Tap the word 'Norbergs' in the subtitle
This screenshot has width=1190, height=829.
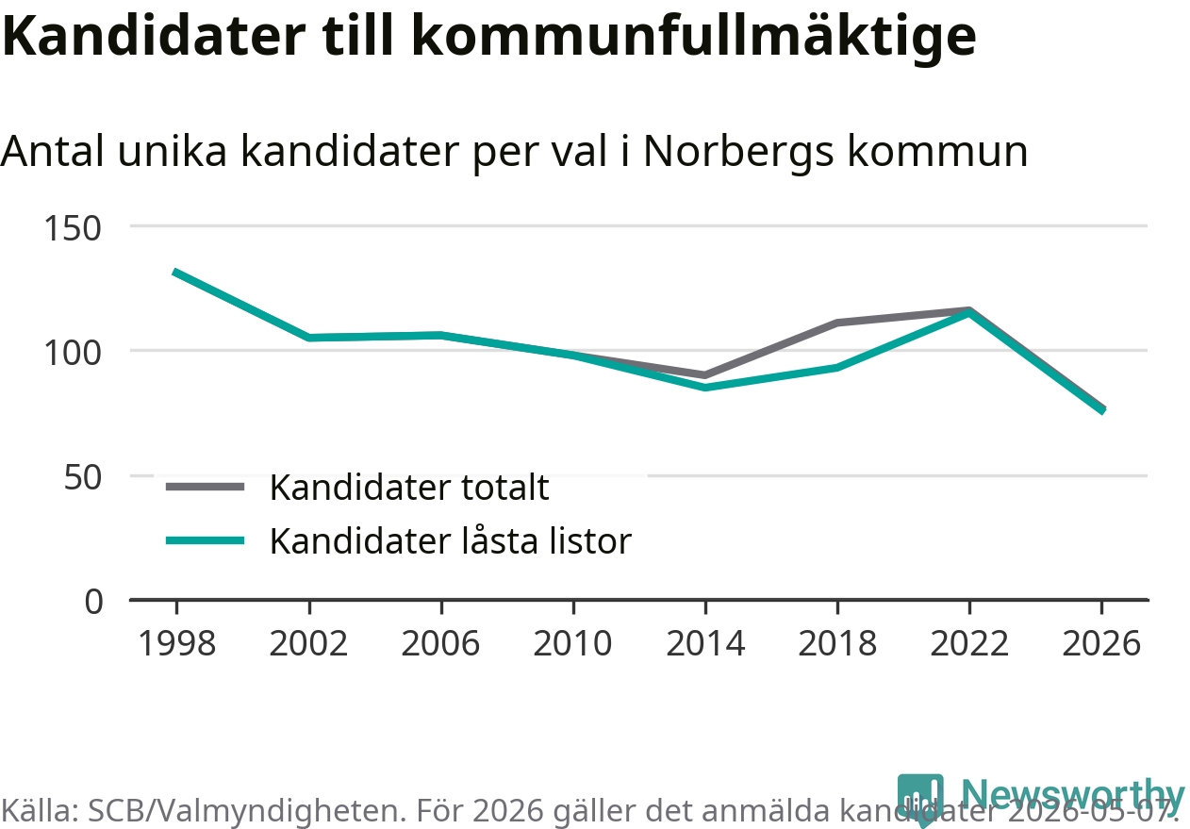[x=738, y=152]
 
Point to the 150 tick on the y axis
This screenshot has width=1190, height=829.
[x=73, y=229]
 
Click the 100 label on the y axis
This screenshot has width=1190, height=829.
[x=73, y=353]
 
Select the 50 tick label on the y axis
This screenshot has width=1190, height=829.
[x=82, y=477]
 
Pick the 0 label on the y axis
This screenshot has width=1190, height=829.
[x=93, y=602]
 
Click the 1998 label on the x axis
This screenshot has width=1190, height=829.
[x=177, y=643]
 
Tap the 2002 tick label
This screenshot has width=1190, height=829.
[x=308, y=643]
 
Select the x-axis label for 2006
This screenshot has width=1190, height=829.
[x=441, y=643]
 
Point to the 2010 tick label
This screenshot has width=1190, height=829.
[x=572, y=643]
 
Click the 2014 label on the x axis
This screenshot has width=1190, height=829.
[x=705, y=643]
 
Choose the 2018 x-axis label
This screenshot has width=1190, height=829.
[x=837, y=643]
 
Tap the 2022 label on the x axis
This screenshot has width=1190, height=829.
[x=969, y=643]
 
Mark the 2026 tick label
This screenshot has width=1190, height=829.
[x=1101, y=643]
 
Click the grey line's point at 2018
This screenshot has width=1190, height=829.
[x=837, y=323]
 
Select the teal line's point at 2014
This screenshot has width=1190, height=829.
[x=705, y=388]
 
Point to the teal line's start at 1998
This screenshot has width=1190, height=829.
[x=175, y=272]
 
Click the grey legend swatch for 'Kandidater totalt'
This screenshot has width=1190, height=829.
[x=205, y=487]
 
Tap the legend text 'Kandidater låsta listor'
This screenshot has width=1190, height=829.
[x=451, y=541]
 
